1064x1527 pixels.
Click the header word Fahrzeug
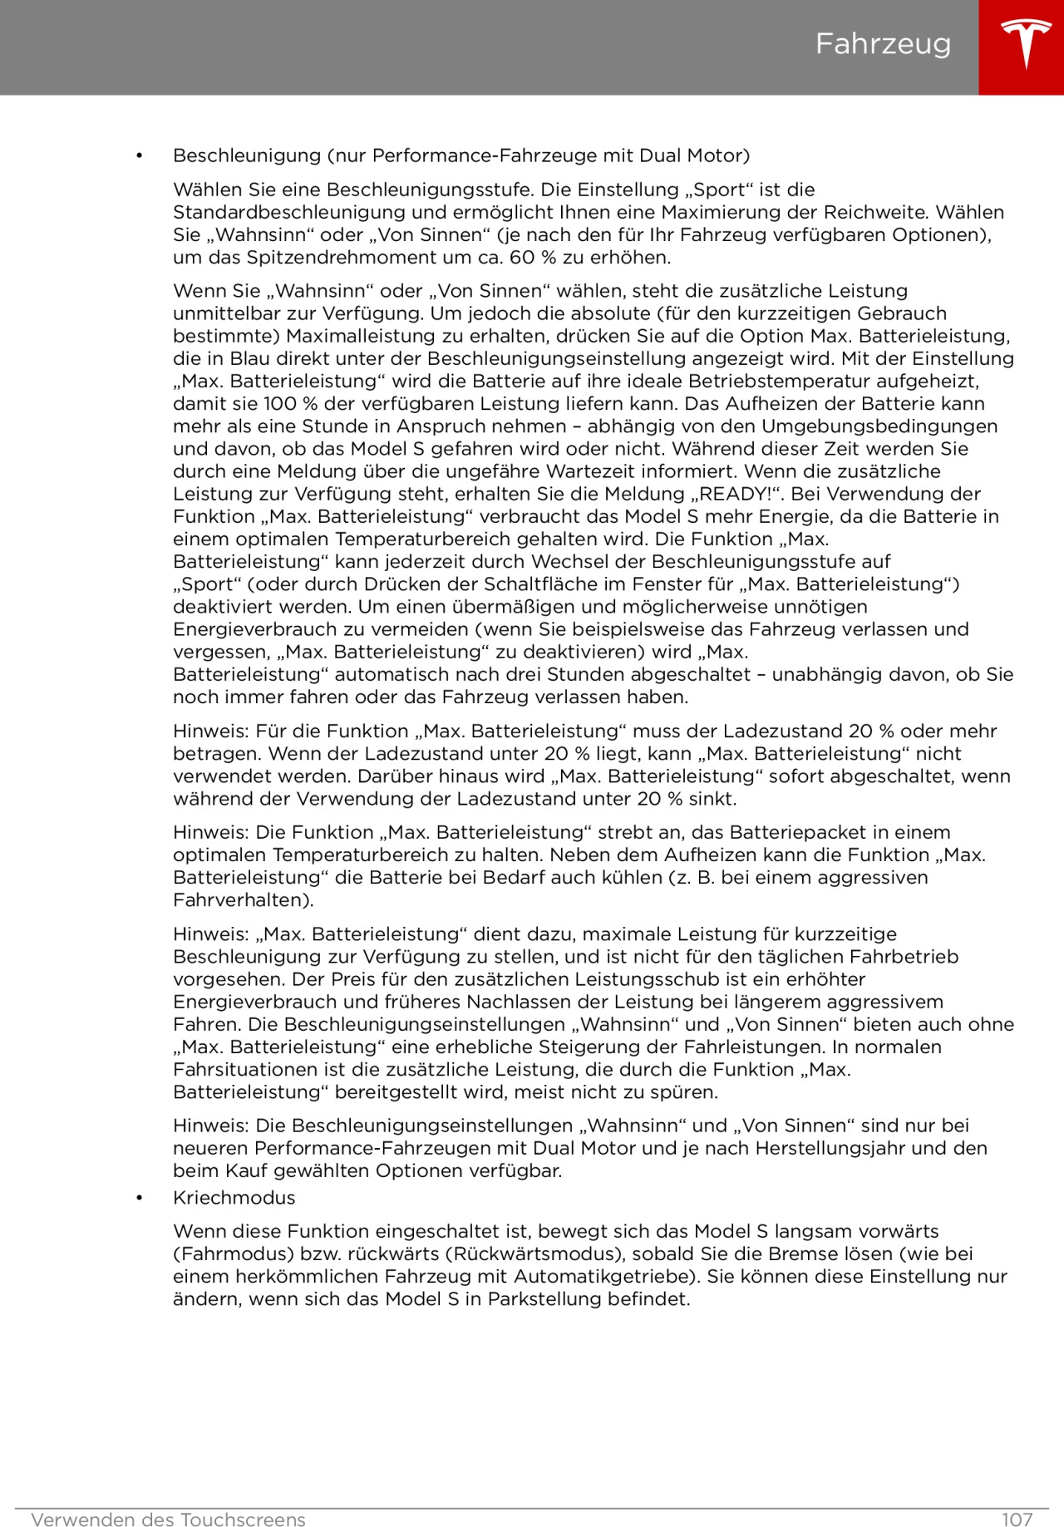[883, 44]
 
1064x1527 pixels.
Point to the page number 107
[1017, 1520]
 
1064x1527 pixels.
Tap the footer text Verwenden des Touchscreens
[168, 1520]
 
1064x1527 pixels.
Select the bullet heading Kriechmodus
[234, 1198]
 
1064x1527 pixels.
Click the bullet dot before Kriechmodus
[139, 1198]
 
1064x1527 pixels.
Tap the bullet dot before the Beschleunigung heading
[139, 156]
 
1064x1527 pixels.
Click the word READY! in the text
[736, 494]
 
